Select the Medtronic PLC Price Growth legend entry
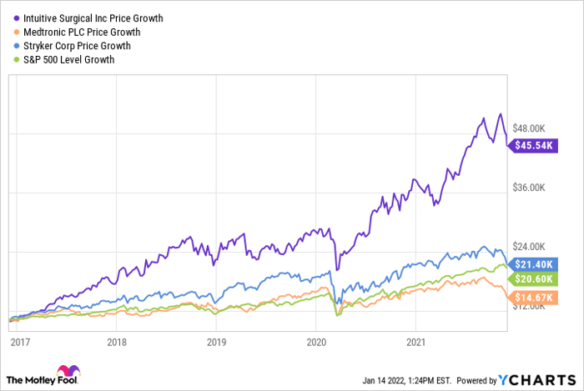point(79,32)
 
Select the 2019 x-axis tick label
point(217,342)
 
